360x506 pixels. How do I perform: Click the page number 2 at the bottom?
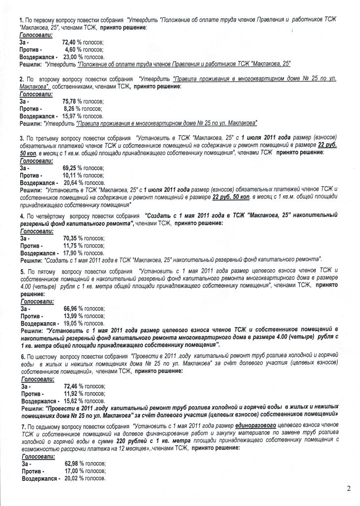coord(349,489)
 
